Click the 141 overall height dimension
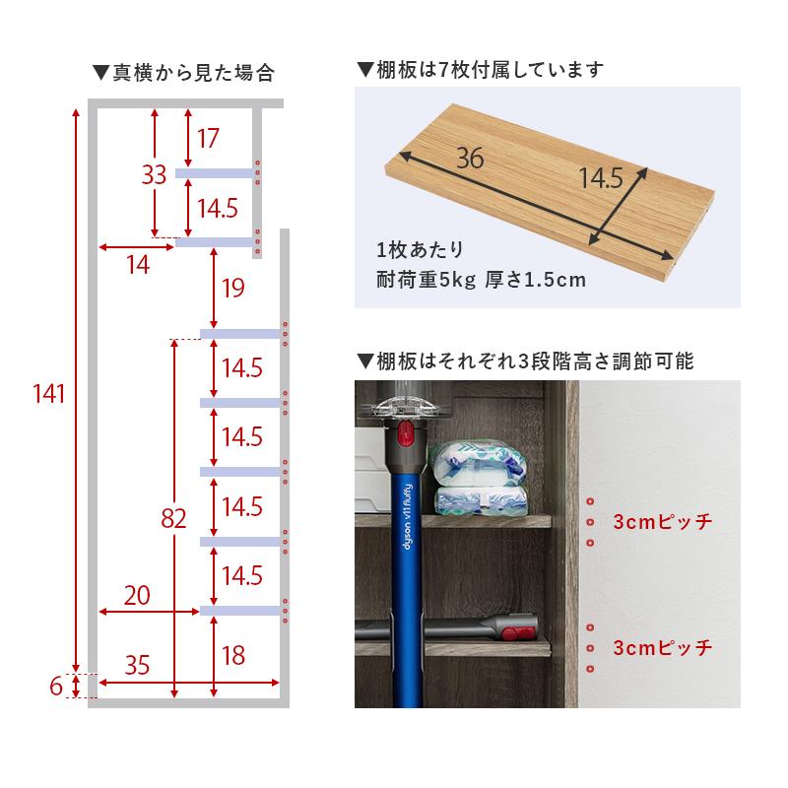tap(48, 394)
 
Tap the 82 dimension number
tap(173, 519)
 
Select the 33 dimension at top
tap(153, 175)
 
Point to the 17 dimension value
tap(207, 139)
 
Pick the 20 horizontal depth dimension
tap(138, 594)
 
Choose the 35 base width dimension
tap(138, 665)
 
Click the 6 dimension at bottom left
tap(55, 686)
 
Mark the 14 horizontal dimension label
tap(138, 264)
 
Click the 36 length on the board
tap(469, 158)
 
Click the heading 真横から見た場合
tap(182, 72)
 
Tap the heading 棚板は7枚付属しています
tap(479, 70)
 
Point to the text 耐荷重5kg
tap(426, 279)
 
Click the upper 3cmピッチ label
tap(661, 522)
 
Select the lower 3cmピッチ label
tap(661, 648)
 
